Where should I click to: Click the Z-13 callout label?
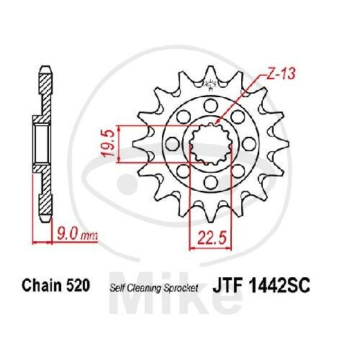[281, 73]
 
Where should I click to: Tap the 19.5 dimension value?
[109, 143]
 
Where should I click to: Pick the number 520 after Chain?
[78, 285]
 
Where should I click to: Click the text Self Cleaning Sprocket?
[154, 288]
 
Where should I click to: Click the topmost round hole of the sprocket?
[210, 105]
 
